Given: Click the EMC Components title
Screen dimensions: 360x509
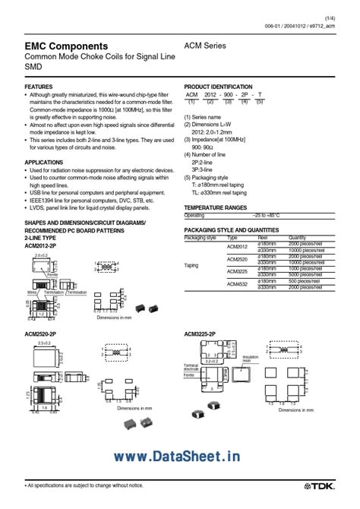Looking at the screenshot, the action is coord(65,47).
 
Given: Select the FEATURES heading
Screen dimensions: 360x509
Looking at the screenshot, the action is coord(39,87).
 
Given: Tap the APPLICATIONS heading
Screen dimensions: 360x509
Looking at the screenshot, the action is coord(44,162).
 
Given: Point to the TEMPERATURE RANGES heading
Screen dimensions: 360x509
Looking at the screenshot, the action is coord(216,207).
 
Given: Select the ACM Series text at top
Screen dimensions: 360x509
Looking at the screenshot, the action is coord(247,46).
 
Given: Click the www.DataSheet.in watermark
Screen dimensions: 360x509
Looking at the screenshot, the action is coord(179,456).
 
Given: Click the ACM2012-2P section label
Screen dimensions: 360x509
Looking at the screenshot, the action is coord(43,245).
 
